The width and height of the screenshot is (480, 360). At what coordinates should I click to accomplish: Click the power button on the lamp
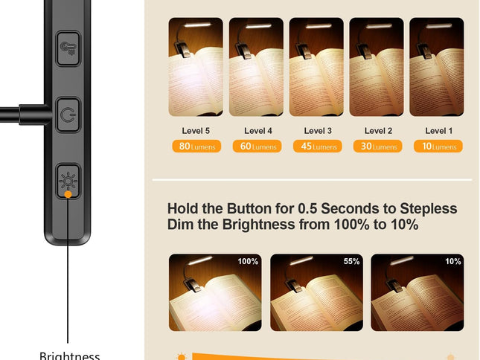point(68,115)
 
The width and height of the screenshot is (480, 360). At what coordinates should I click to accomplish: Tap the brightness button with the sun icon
point(68,179)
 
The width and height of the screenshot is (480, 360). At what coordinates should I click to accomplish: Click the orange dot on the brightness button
point(68,193)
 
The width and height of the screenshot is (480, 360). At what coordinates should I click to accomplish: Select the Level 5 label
point(196,131)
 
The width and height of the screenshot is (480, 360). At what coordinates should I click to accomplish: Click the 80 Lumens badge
point(196,147)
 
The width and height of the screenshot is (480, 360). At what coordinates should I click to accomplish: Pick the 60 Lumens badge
point(257,147)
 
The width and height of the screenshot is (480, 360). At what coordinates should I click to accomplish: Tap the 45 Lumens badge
point(317,147)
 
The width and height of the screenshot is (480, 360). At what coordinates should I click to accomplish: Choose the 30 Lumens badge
point(377,147)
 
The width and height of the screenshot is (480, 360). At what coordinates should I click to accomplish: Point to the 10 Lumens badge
point(438,147)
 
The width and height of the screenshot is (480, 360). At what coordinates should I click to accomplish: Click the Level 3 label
point(317,131)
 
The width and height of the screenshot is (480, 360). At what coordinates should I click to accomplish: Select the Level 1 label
point(438,131)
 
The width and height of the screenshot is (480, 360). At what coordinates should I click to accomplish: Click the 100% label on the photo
point(248,262)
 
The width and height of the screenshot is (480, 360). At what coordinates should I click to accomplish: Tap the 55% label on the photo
point(351,262)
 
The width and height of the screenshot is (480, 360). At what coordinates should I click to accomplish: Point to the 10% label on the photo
point(453,262)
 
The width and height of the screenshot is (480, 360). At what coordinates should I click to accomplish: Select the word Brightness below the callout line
point(69,356)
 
